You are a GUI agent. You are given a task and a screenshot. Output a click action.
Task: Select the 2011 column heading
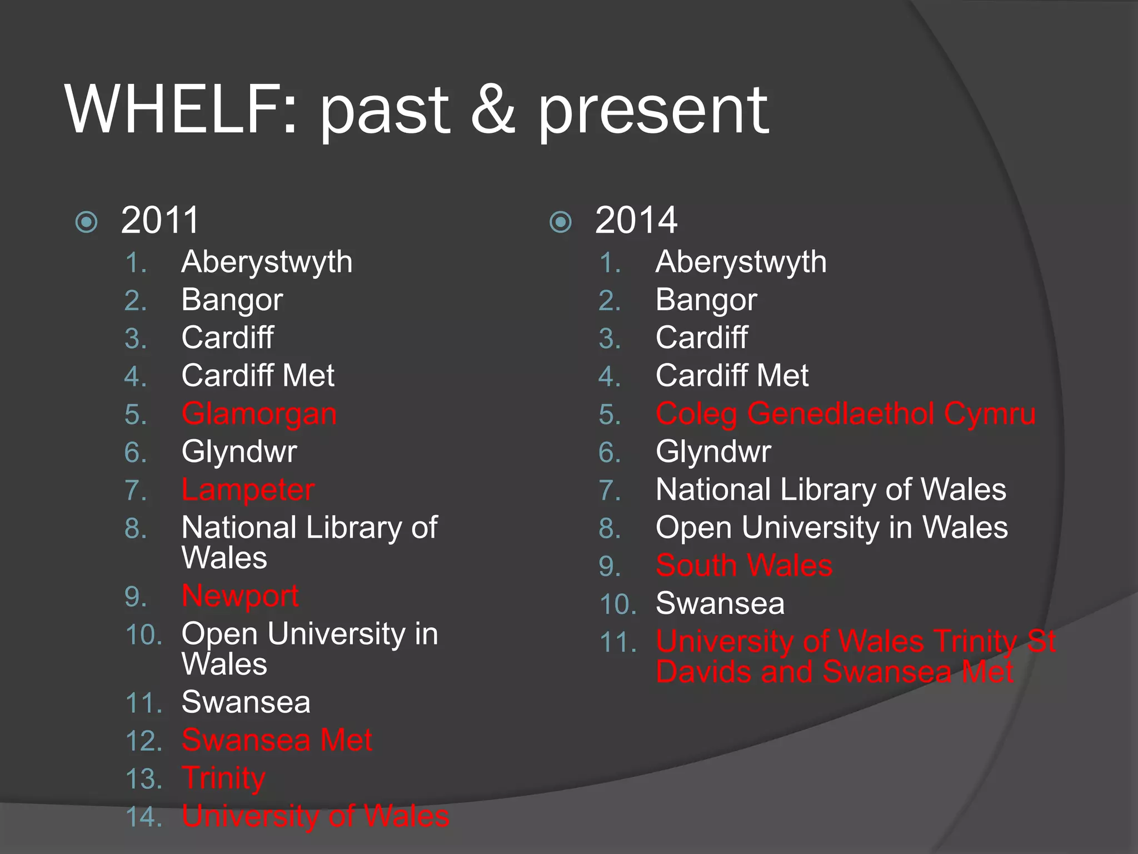[x=160, y=220]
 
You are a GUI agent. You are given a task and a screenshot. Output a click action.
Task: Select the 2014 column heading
[x=636, y=220]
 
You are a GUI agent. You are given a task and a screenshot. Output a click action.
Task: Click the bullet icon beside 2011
[x=87, y=222]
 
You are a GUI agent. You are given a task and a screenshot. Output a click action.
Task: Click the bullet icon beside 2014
[x=561, y=222]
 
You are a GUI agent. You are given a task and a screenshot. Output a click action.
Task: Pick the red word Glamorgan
[x=259, y=415]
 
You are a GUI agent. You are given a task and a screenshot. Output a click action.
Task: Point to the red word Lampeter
[x=248, y=490]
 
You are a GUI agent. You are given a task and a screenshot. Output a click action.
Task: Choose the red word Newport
[x=240, y=596]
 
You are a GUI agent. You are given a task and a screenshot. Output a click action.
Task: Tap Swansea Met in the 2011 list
[x=277, y=740]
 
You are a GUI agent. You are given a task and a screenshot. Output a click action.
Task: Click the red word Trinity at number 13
[x=223, y=778]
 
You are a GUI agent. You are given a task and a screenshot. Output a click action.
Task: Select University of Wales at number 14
[x=316, y=816]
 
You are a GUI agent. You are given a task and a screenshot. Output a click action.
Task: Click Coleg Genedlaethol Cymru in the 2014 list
[x=845, y=414]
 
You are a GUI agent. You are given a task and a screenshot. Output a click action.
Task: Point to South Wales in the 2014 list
[x=744, y=565]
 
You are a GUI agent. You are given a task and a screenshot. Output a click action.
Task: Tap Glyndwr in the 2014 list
[x=713, y=451]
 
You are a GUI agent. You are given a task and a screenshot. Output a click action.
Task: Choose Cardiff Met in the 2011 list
[x=258, y=376]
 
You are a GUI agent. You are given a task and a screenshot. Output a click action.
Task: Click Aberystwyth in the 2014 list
[x=741, y=262]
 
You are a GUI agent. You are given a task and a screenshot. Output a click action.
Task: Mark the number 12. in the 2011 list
[x=144, y=741]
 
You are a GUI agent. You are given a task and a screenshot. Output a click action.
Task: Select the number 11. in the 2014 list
[x=618, y=643]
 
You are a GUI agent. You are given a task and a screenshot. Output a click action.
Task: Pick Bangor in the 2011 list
[x=232, y=300]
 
